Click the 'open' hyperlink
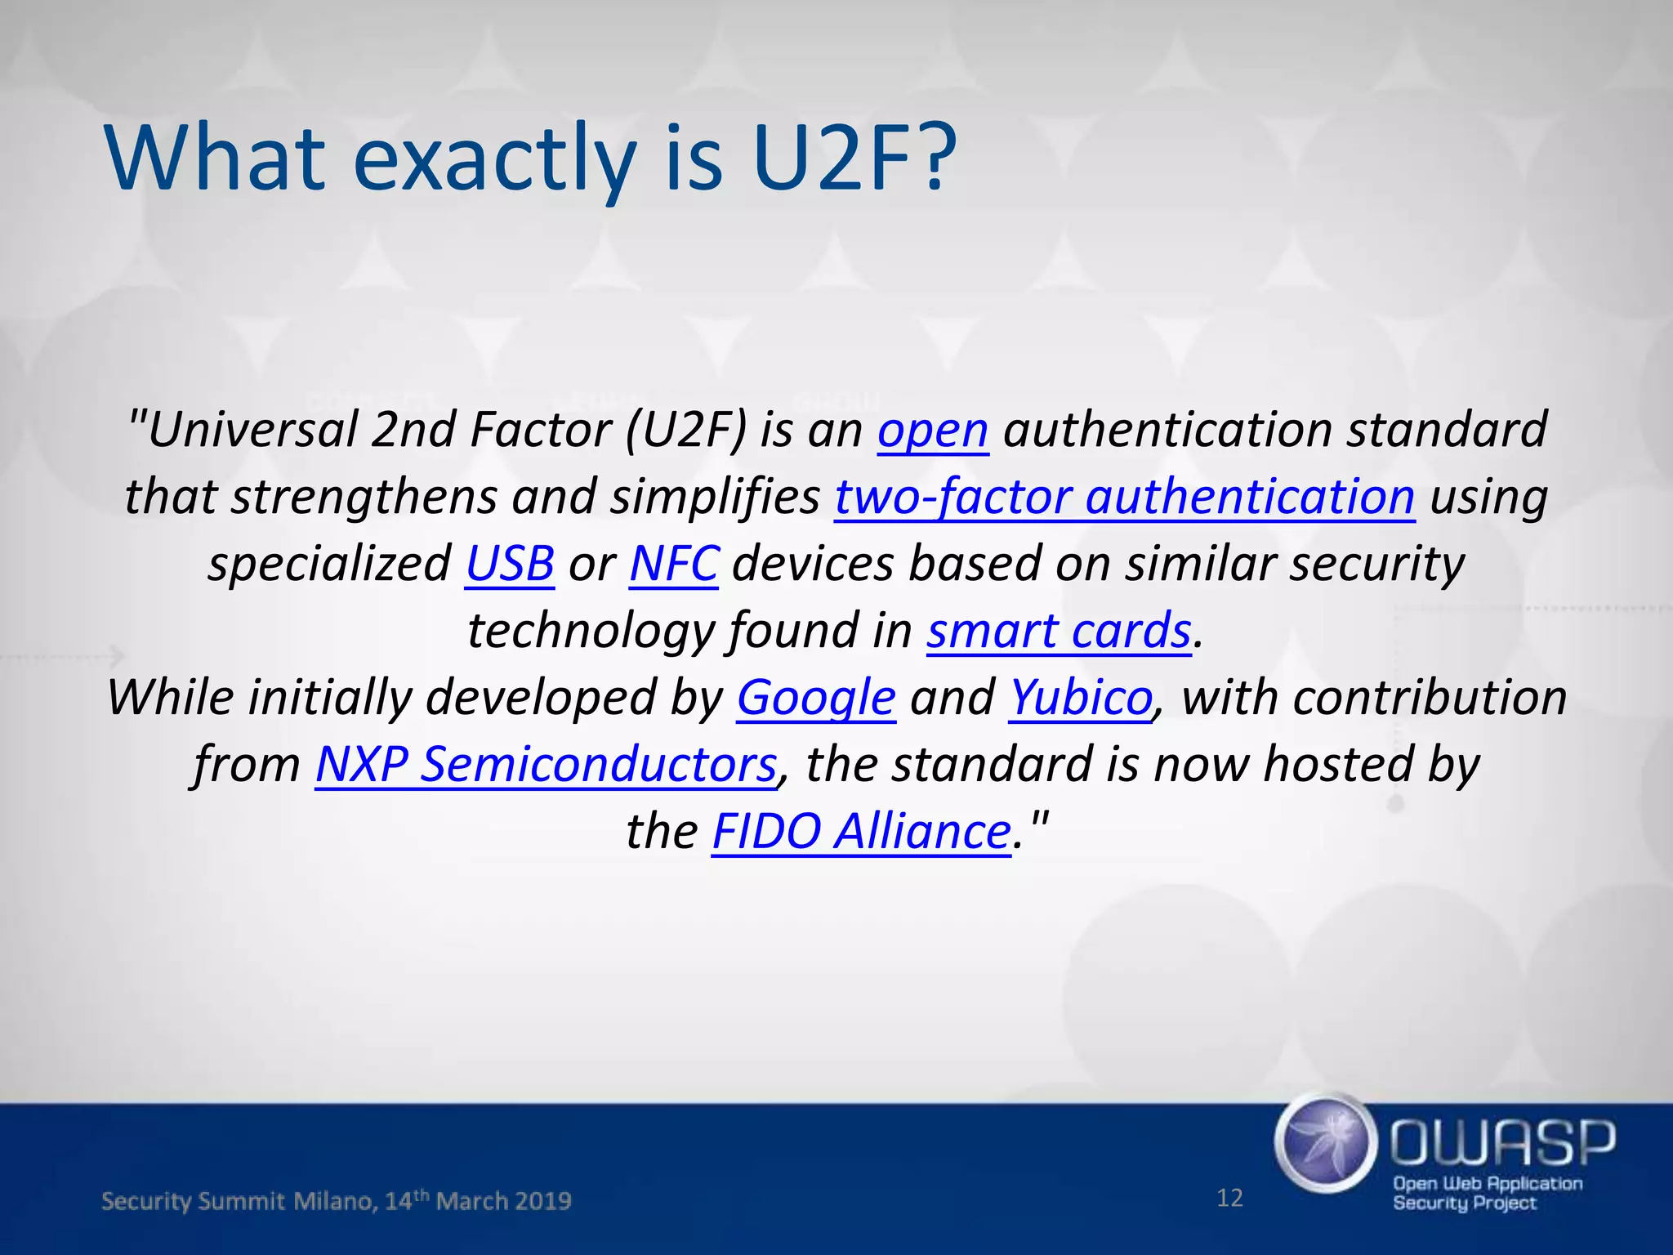933,430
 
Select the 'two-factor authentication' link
1124,497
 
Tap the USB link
510,564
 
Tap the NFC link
674,564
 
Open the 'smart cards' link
1059,631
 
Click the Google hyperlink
816,698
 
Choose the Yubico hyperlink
1081,698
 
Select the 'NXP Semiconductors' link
546,765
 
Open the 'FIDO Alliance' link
861,832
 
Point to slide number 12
1229,1198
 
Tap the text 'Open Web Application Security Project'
1487,1193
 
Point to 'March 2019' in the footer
503,1201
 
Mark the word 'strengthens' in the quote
364,497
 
